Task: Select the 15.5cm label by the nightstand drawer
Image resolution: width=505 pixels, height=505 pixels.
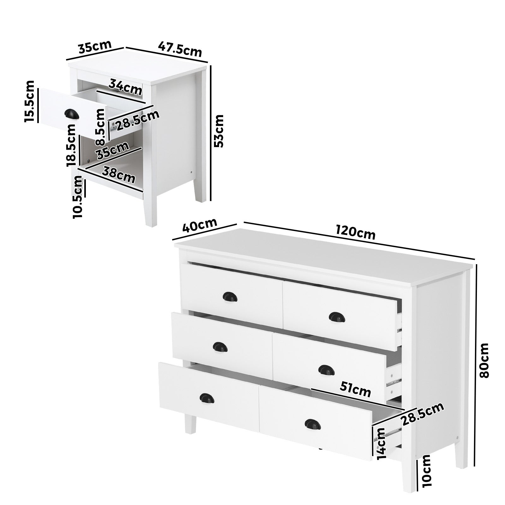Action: [x=30, y=101]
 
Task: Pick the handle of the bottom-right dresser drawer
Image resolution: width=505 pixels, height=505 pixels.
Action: [x=312, y=423]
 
